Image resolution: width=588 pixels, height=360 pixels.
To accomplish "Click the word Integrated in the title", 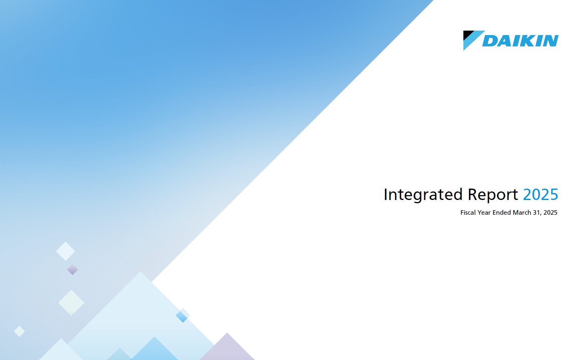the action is [423, 195].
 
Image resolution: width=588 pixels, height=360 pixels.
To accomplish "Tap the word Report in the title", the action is [493, 195].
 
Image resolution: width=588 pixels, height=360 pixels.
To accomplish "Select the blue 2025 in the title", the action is [541, 194].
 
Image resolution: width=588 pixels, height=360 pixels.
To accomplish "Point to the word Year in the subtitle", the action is [484, 213].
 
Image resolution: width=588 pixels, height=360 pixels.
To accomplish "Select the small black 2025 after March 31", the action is [550, 213].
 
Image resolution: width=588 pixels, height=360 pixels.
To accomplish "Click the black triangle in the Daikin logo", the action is [467, 34].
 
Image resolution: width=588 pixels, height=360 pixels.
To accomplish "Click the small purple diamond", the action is [72, 269].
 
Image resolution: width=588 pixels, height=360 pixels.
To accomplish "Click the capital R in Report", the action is [473, 194].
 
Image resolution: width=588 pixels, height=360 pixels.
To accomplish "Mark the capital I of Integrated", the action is [385, 194].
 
